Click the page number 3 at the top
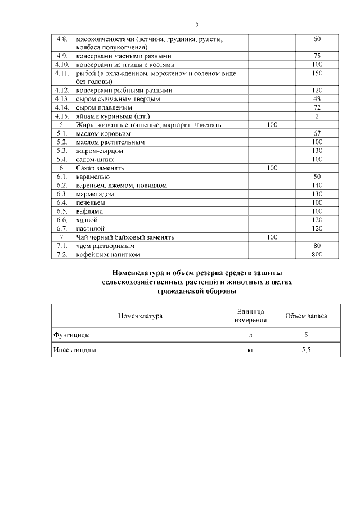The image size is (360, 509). [x=197, y=25]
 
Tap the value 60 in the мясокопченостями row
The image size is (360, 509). [x=317, y=39]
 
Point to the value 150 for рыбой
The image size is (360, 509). [x=317, y=73]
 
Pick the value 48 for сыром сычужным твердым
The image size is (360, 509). [x=317, y=98]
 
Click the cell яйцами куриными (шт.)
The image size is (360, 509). [x=110, y=116]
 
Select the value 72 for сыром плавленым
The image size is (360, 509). [x=317, y=107]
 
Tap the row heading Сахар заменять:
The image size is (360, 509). [x=101, y=168]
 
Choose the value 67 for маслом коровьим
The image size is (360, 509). [x=317, y=133]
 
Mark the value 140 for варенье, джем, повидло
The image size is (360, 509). [x=317, y=184]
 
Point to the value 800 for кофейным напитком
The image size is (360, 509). [x=317, y=254]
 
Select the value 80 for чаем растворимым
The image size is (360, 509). [x=317, y=246]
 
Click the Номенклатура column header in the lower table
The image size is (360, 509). [x=140, y=316]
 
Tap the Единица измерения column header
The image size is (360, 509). [x=250, y=316]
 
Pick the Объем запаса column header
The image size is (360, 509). [x=306, y=316]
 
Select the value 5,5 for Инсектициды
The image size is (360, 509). [x=306, y=349]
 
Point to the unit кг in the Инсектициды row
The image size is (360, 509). [x=250, y=349]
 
